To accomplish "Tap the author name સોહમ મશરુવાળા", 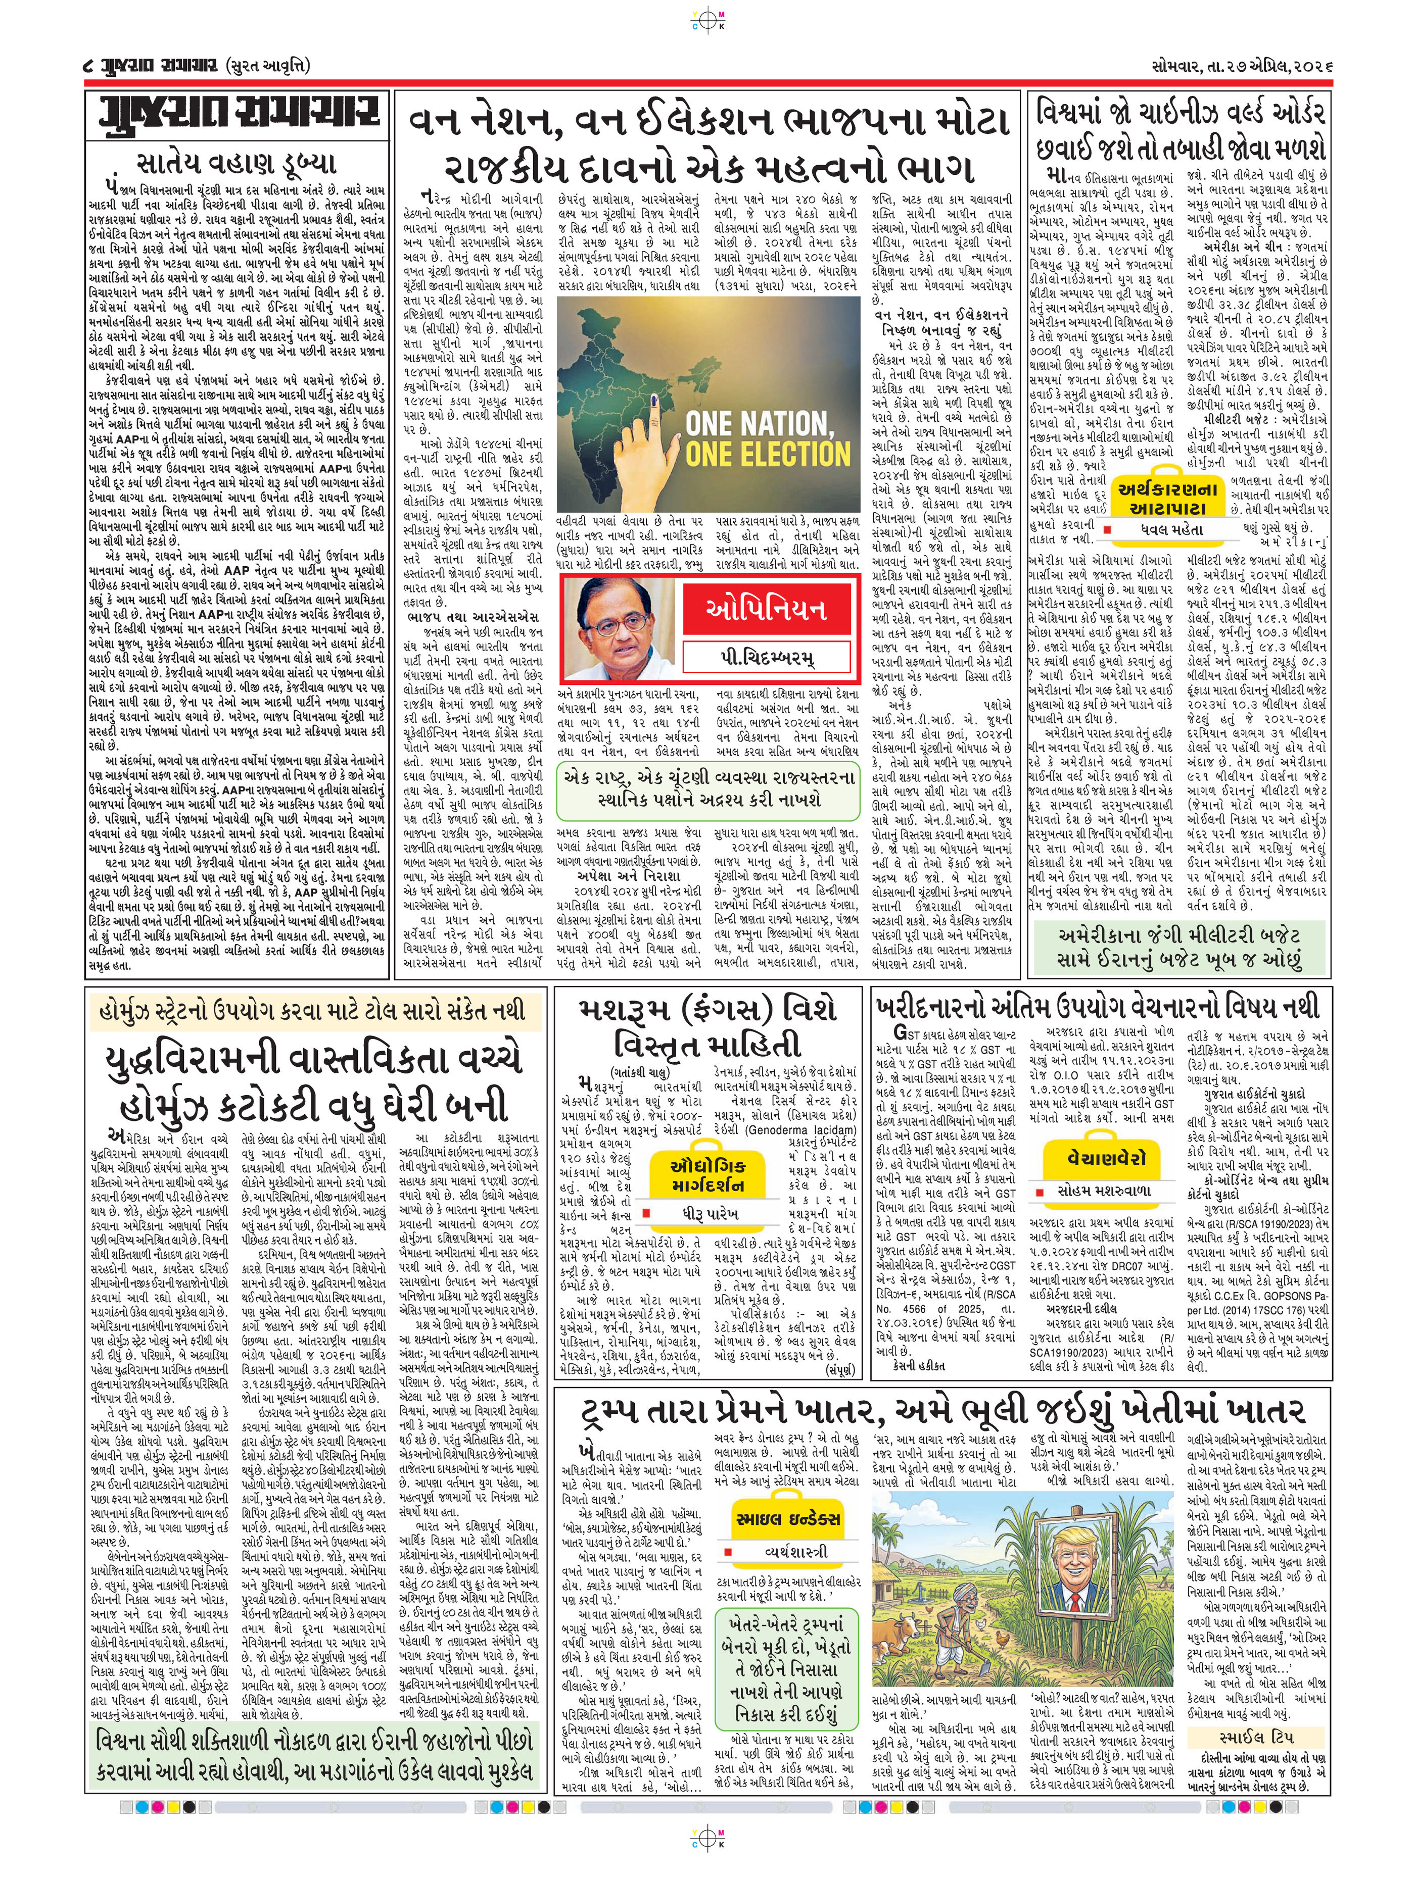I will click(1107, 1191).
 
